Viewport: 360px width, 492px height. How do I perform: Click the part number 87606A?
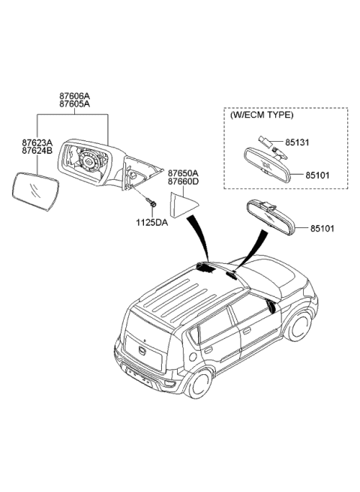[x=75, y=96]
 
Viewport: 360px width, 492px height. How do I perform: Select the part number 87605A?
[x=75, y=104]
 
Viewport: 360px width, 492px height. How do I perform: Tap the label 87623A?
[x=37, y=142]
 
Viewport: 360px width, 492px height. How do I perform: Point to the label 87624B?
[x=37, y=151]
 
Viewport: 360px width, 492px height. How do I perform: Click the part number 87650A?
[x=183, y=173]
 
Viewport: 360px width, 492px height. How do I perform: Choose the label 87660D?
[x=183, y=181]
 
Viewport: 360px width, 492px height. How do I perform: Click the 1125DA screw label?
[x=152, y=223]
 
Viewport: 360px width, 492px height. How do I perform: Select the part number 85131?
[x=297, y=142]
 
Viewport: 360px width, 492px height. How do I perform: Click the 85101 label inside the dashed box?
[x=318, y=175]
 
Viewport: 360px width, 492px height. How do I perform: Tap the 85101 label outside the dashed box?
[x=322, y=229]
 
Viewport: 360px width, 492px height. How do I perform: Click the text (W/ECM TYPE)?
[x=262, y=115]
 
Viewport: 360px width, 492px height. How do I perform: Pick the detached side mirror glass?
[x=35, y=191]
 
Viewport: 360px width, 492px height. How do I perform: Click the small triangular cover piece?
[x=183, y=205]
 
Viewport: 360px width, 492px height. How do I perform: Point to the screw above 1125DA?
[x=151, y=201]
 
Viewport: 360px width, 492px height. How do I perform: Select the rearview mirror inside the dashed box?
[x=268, y=165]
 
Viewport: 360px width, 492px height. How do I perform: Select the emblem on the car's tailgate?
[x=142, y=349]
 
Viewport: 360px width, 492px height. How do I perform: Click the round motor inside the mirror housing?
[x=88, y=161]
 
